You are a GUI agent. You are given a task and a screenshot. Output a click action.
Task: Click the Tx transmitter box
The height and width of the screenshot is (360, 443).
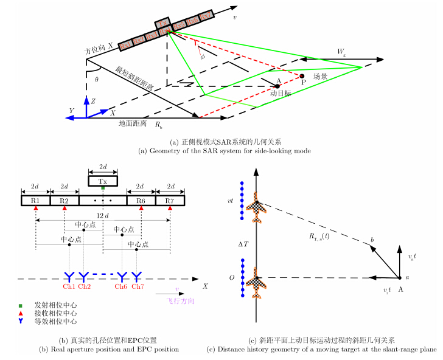[x=103, y=181]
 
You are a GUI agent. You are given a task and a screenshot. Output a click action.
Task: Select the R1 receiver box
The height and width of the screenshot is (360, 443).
[x=36, y=200]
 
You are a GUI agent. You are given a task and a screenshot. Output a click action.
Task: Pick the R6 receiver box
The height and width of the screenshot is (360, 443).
[x=141, y=200]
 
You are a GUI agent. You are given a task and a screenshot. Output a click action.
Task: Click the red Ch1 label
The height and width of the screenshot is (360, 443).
[x=69, y=286]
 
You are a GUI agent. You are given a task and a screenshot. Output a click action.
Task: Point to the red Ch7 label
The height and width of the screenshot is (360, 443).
[x=139, y=286]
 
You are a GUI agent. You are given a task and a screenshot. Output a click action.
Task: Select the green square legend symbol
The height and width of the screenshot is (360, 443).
[x=21, y=305]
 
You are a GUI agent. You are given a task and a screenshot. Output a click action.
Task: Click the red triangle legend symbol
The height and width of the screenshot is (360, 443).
[x=21, y=313]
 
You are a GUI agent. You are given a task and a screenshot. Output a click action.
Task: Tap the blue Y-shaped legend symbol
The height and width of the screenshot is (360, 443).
[x=21, y=320]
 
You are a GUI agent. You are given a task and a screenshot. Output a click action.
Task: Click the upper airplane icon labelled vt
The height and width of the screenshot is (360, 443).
[x=256, y=209]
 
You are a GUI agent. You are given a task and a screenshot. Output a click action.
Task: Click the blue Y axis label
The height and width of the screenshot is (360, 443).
[x=71, y=111]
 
